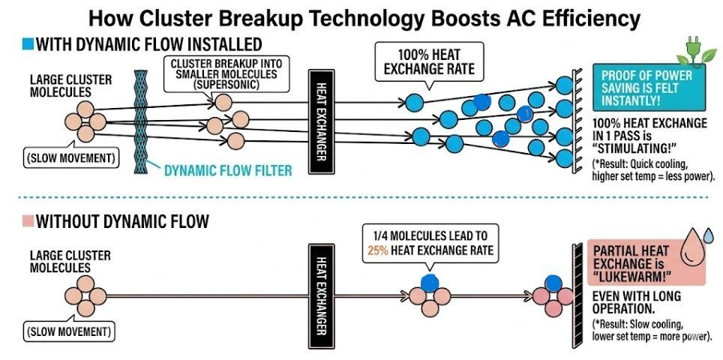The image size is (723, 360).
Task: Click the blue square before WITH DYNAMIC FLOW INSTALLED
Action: coord(28,44)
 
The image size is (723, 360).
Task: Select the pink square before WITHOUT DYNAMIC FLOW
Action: coord(28,222)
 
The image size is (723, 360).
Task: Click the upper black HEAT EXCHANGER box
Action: coord(321,121)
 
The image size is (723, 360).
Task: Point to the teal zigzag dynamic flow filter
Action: coord(141,121)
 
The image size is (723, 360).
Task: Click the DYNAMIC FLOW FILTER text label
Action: coord(228,171)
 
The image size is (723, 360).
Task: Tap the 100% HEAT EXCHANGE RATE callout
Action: coord(429,61)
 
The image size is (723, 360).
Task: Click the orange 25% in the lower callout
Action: coord(377,250)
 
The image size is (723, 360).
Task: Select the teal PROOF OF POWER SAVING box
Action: coord(649,87)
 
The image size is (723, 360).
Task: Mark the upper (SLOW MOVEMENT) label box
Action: coord(70,158)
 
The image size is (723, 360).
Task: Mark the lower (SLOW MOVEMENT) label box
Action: coord(69,331)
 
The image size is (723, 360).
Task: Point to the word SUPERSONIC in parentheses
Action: coord(226,85)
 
